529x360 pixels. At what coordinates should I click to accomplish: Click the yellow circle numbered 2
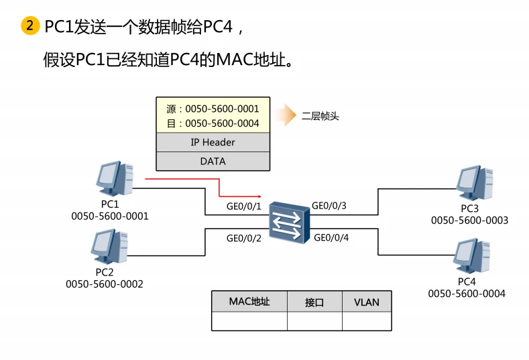30,27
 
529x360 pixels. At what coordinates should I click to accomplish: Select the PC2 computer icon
109,247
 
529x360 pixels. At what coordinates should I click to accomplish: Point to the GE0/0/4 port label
331,237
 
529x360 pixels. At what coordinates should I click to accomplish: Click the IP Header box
213,142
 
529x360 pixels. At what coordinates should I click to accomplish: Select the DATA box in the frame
213,161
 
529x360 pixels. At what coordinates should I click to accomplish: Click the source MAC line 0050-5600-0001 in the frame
213,108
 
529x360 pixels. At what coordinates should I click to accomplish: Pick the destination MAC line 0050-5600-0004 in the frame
213,123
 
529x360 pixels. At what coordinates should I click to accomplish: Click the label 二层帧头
320,116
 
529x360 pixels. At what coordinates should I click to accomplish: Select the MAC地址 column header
249,302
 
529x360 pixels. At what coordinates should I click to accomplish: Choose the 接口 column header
314,302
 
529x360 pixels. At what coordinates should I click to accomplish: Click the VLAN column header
367,302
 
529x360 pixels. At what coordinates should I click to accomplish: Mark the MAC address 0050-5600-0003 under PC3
469,220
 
